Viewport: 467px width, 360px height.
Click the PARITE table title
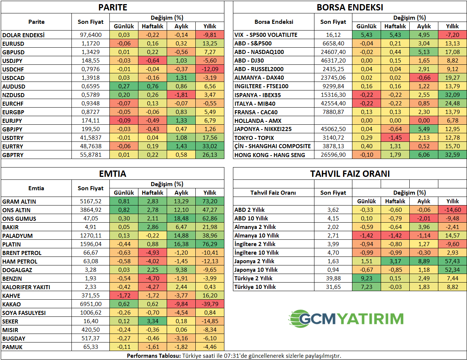[x=113, y=7]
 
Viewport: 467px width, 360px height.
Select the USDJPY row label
[x=12, y=61]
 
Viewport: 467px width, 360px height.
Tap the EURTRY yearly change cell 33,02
[x=210, y=146]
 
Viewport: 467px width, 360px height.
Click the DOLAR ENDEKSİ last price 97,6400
[x=91, y=35]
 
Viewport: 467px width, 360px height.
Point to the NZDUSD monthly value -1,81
[x=181, y=95]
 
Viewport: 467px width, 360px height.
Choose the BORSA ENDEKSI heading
[x=350, y=7]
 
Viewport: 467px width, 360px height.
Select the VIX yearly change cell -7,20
[x=452, y=35]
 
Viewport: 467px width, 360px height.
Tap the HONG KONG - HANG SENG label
[x=270, y=155]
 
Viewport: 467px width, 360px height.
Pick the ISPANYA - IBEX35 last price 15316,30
[x=333, y=95]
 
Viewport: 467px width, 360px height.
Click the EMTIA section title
[x=113, y=174]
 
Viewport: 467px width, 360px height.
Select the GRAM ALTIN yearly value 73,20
[x=210, y=201]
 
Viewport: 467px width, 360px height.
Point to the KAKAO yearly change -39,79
[x=210, y=304]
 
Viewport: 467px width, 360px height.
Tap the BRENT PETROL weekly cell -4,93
[x=153, y=253]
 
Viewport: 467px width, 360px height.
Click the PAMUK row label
[x=12, y=347]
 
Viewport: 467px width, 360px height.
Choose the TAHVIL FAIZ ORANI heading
[x=350, y=174]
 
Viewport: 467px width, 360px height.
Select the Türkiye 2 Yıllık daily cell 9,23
[x=367, y=278]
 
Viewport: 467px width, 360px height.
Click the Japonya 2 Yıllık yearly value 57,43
[x=452, y=261]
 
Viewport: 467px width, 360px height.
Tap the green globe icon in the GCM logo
[x=298, y=319]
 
